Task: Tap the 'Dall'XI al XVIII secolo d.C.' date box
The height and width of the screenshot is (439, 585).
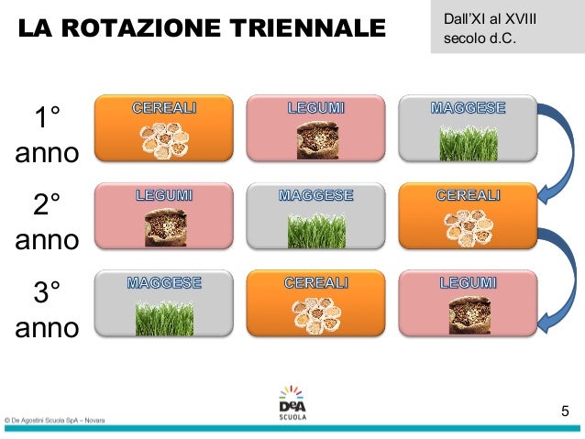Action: point(506,27)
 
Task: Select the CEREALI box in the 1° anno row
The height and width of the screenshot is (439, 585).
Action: point(163,127)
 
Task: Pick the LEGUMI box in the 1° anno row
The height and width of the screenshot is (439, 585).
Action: point(316,127)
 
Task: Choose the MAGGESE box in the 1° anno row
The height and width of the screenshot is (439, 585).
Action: point(468,127)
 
